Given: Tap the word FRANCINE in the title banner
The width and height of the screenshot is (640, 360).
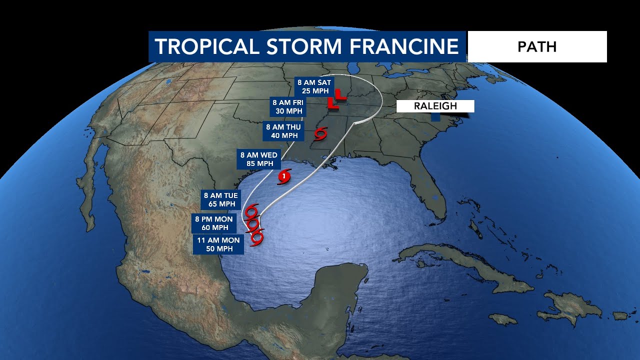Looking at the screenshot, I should [x=403, y=46].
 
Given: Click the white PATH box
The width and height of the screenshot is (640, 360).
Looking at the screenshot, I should [x=537, y=46].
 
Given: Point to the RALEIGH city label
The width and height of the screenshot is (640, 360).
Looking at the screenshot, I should [x=435, y=106].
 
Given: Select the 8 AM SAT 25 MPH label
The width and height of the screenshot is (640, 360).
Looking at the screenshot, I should [x=314, y=86].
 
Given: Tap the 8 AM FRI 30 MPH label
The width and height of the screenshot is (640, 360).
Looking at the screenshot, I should [x=287, y=106].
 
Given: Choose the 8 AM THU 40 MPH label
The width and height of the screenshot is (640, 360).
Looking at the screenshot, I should [x=283, y=131].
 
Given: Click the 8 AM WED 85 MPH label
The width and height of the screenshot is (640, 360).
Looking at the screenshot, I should [x=258, y=159].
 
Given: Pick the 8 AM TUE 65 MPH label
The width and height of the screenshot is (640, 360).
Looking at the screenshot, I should [x=220, y=199].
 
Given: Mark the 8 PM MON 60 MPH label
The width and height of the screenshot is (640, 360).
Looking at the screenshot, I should [x=214, y=223].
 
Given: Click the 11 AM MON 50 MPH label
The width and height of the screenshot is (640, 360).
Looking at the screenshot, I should [x=218, y=244].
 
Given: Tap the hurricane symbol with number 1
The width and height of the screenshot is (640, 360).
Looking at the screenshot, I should [x=284, y=176].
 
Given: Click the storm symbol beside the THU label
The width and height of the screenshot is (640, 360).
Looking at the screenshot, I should [x=320, y=133].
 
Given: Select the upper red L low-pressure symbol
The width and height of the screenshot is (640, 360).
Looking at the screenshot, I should [x=340, y=93].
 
